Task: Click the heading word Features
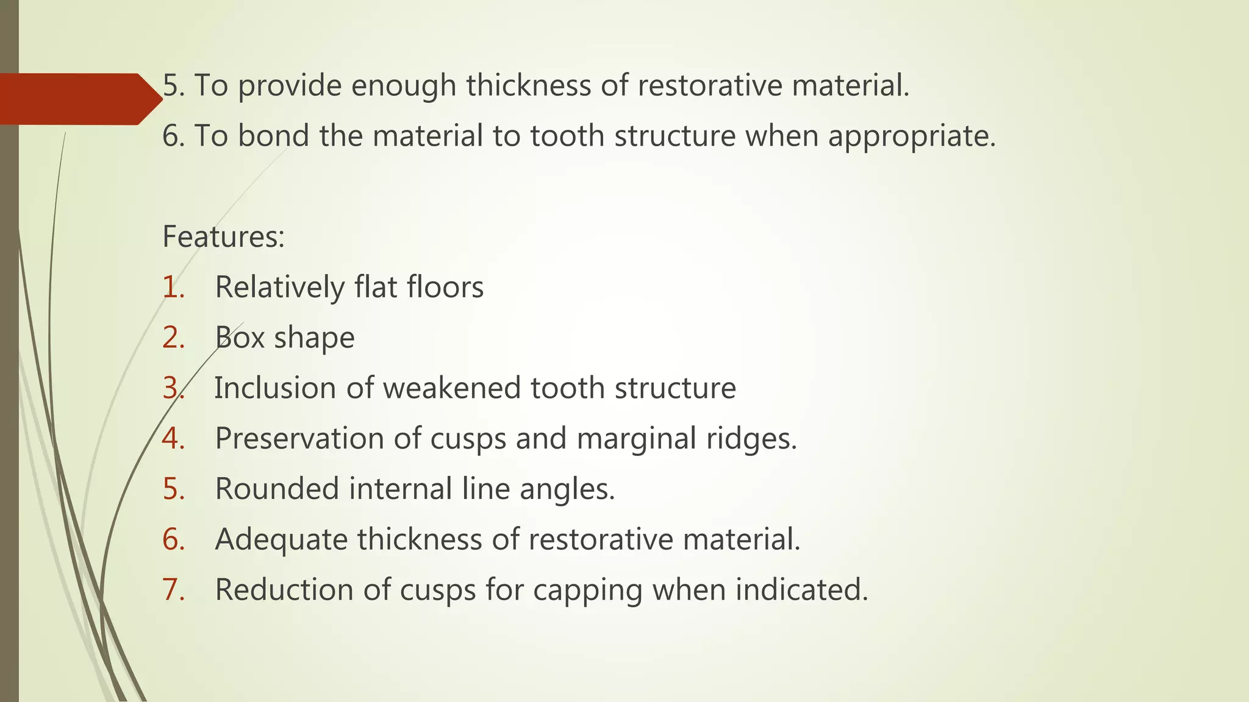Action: tap(223, 237)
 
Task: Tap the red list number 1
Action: tap(174, 288)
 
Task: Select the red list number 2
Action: tap(174, 338)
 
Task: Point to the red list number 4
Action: tap(174, 439)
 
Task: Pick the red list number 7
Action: tap(174, 590)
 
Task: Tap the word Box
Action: tap(239, 338)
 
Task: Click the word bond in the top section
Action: tap(273, 135)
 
